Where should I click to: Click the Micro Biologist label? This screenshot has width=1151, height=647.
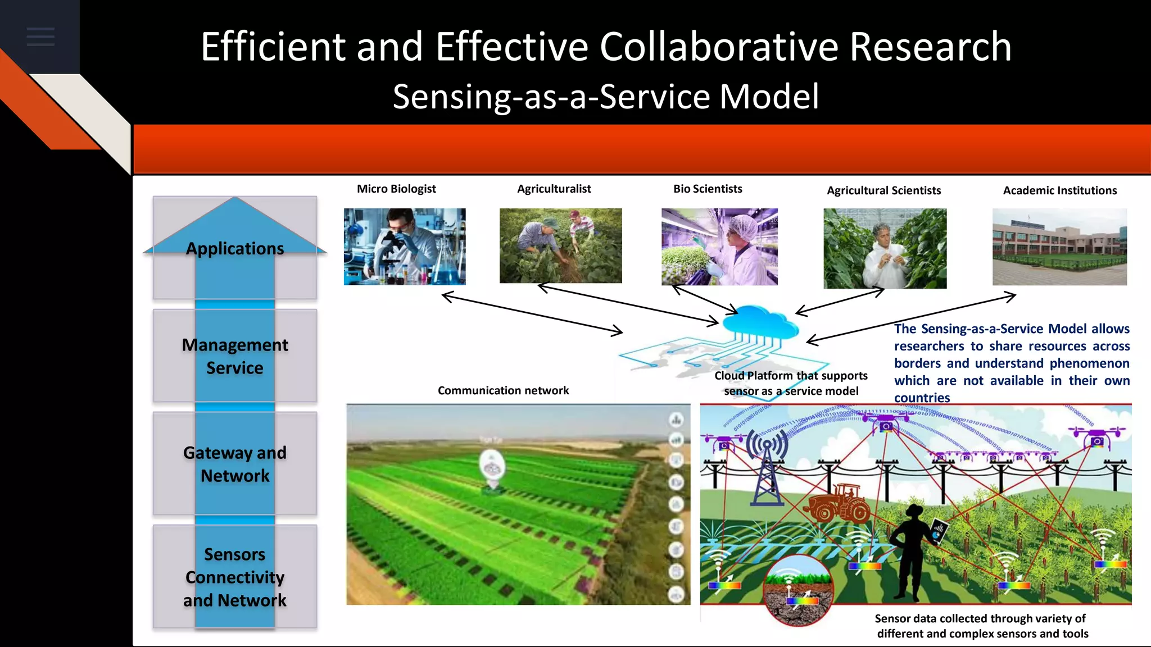(396, 189)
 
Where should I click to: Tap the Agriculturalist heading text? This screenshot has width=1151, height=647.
(554, 189)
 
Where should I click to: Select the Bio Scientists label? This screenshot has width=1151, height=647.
(708, 189)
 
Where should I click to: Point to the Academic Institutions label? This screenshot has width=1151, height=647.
(1059, 190)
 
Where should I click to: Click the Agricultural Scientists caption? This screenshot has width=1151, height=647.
(883, 190)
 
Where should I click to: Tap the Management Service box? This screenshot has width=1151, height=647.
(235, 356)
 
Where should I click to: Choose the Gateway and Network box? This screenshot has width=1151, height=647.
(235, 464)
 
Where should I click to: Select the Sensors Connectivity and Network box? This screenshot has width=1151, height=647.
(235, 577)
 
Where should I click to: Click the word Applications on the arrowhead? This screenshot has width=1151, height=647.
(235, 248)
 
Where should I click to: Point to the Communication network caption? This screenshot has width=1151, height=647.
(503, 390)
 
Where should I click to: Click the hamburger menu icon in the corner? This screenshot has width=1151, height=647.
(40, 37)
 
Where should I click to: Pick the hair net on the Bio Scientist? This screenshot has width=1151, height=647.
(742, 225)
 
